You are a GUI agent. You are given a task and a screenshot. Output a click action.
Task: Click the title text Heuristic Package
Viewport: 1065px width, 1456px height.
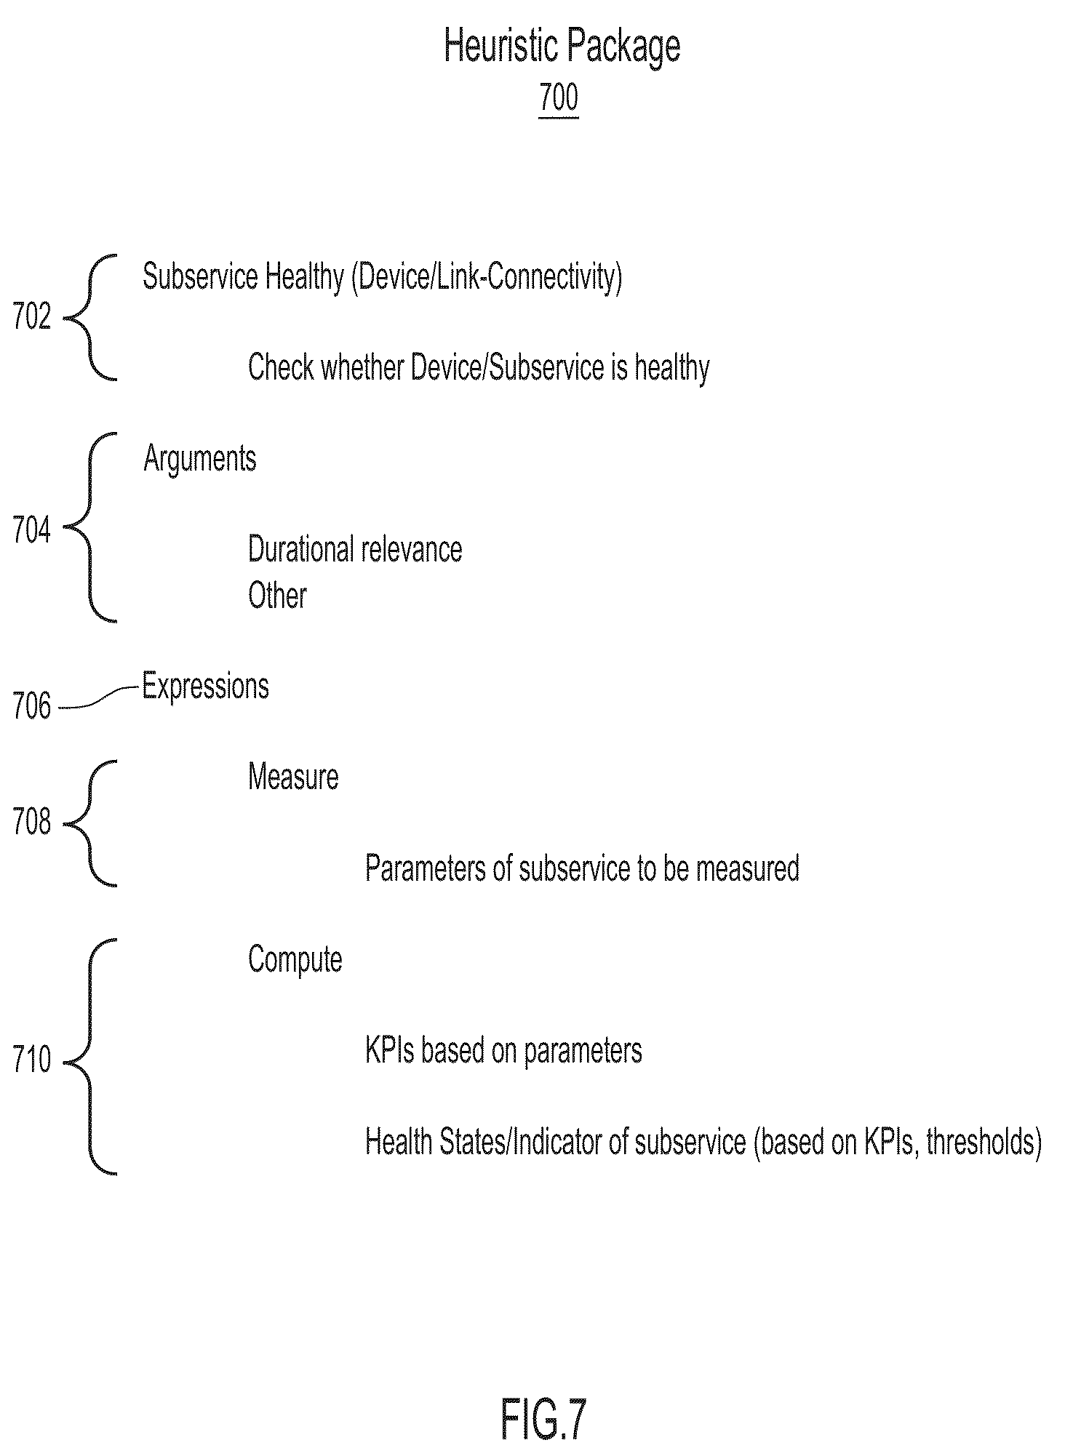point(562,47)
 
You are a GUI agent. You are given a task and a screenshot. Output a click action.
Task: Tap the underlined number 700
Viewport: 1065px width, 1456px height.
point(559,97)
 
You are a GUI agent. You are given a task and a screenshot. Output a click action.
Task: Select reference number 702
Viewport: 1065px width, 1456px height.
point(32,317)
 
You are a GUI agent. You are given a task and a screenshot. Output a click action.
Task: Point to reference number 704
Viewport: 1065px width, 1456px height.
point(32,531)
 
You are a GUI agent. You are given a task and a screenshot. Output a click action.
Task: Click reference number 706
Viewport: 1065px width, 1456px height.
point(32,706)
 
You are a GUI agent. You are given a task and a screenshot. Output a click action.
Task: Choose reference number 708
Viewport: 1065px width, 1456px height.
point(32,823)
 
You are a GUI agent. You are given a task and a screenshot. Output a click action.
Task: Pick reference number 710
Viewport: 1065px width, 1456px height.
point(32,1060)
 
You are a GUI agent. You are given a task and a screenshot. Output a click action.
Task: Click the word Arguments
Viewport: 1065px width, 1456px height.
point(200,460)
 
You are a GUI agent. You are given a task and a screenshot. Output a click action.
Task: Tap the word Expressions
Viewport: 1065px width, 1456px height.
point(205,687)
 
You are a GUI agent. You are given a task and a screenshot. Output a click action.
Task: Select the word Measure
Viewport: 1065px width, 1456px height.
point(293,777)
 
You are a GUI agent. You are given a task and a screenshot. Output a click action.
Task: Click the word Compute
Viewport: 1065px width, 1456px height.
point(295,960)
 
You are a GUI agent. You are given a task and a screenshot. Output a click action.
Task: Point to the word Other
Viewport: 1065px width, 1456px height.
point(277,596)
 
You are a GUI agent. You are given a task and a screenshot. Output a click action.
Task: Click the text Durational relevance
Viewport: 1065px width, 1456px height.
point(355,549)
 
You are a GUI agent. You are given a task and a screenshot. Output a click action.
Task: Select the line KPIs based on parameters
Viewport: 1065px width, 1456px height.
point(503,1052)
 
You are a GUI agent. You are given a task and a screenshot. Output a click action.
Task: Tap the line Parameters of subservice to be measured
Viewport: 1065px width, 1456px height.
point(582,868)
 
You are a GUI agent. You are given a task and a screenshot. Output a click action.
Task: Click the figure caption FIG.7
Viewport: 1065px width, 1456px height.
point(543,1419)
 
